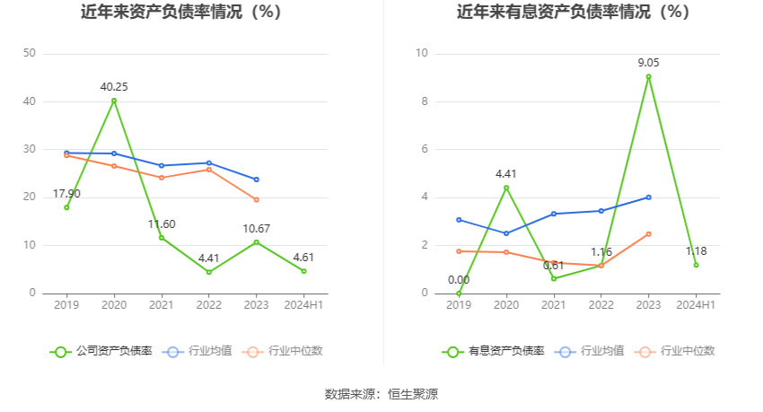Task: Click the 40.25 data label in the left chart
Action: (x=113, y=87)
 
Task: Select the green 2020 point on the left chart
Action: (x=114, y=101)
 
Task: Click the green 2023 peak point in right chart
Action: (x=649, y=76)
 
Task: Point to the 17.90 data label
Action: (x=66, y=194)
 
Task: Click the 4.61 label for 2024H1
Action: (x=303, y=258)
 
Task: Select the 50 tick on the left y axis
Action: (x=29, y=53)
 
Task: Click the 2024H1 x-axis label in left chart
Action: (x=303, y=305)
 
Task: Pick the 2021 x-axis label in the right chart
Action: (x=554, y=305)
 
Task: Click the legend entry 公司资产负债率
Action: (x=101, y=351)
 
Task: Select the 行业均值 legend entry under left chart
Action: (x=198, y=351)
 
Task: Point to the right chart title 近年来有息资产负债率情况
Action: (x=573, y=13)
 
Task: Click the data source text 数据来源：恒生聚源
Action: (x=381, y=393)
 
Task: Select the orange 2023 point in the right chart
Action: (x=649, y=233)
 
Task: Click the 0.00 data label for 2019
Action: (x=459, y=280)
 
